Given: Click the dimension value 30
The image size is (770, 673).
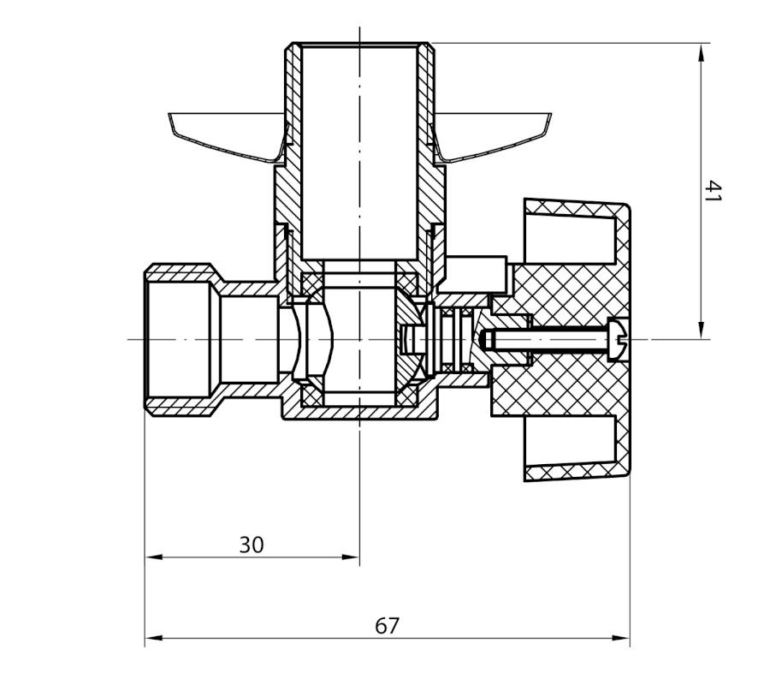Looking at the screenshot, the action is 252,545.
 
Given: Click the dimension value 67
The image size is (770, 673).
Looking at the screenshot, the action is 388,626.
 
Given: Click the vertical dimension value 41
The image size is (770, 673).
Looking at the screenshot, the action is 713,191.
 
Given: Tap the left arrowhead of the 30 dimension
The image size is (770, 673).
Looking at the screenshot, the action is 154,557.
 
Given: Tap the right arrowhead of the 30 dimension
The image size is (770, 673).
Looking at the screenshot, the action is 351,557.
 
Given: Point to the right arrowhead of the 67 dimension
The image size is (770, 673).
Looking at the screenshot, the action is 621,638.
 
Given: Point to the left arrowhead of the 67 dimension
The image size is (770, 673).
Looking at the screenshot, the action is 154,638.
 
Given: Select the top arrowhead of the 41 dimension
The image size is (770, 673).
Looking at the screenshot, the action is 702,52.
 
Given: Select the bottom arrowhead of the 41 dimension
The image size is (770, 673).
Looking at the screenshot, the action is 702,330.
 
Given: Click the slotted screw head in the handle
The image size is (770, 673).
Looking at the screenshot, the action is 618,340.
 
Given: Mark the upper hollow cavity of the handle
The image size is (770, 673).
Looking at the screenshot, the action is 570,240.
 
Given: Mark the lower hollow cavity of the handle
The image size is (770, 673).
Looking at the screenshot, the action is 570,441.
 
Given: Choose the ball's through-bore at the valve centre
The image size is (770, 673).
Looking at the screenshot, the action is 359,339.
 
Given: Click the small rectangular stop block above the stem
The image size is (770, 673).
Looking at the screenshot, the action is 476,273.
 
